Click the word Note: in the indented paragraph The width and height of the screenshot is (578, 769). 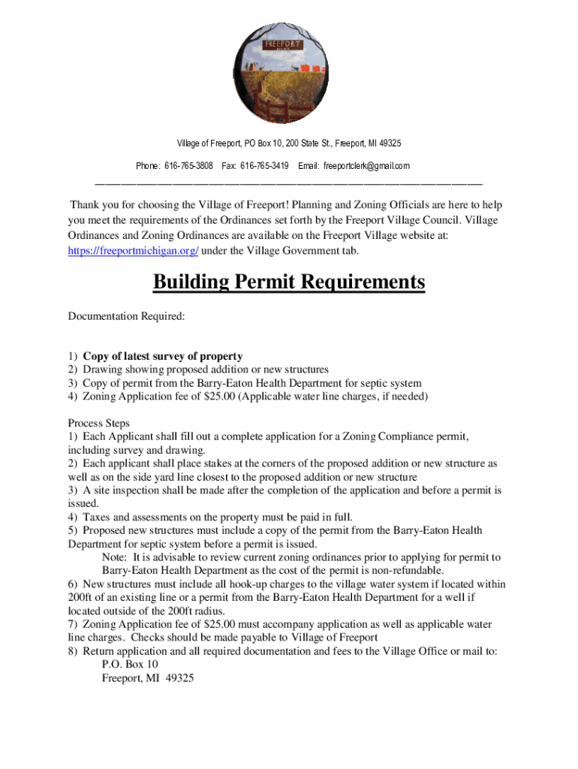point(116,557)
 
